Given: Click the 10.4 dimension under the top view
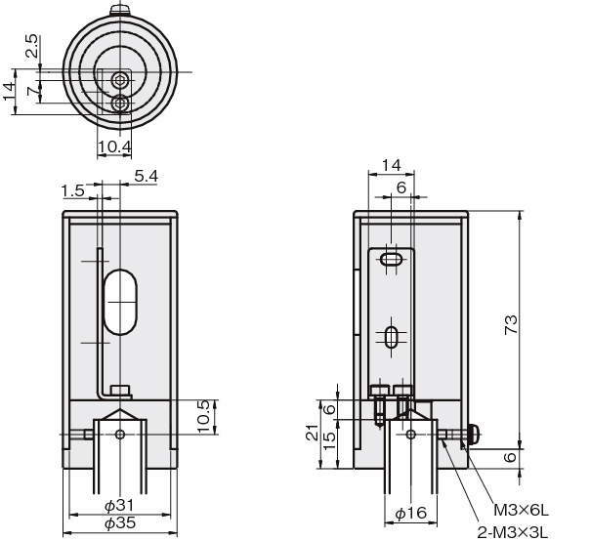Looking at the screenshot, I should click(x=115, y=146).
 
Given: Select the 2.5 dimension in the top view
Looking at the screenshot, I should click(x=32, y=46).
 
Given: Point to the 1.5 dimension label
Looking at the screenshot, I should click(x=71, y=189).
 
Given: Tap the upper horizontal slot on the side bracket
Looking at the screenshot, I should click(x=392, y=261).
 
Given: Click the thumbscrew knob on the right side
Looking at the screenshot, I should click(x=476, y=434).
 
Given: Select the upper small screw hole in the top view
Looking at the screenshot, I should click(x=119, y=79).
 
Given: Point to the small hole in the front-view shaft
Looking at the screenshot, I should click(x=119, y=436).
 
